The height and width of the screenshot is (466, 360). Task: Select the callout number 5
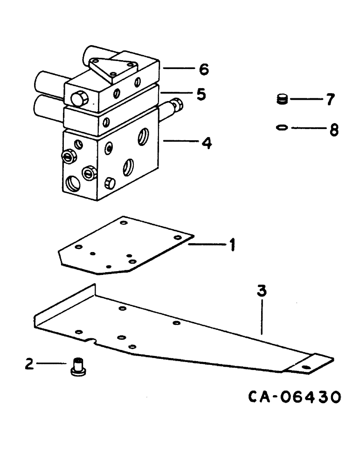coord(201,95)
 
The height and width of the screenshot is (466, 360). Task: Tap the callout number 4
coord(205,143)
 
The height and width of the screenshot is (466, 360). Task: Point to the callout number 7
coord(330,99)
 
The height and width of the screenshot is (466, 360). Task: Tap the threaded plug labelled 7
coord(281,99)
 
